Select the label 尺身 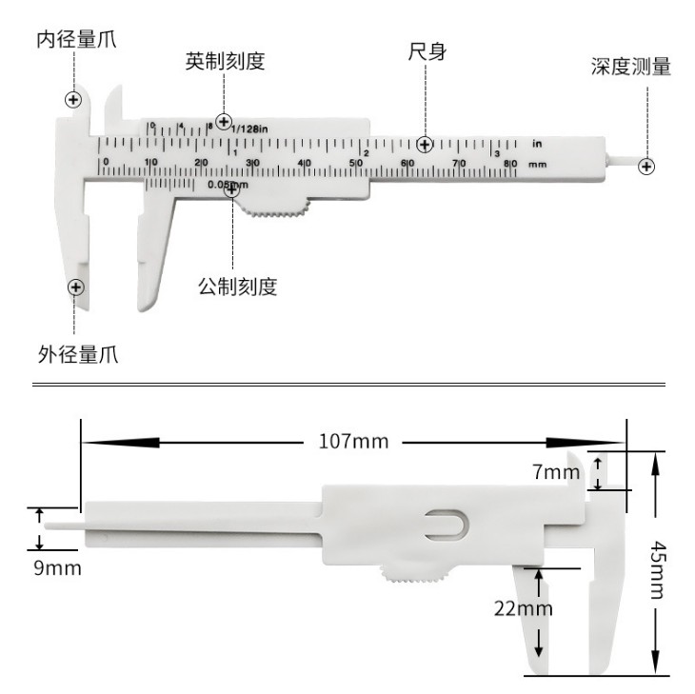coord(426,52)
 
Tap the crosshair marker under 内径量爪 coord(73,99)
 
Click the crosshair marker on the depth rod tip coord(646,166)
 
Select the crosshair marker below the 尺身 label coord(425,145)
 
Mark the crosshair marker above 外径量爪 coord(75,286)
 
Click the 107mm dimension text coord(352,442)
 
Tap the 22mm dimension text coord(524,607)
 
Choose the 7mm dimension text coord(555,471)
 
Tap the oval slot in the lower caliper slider coord(447,525)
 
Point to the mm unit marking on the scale coord(537,165)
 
